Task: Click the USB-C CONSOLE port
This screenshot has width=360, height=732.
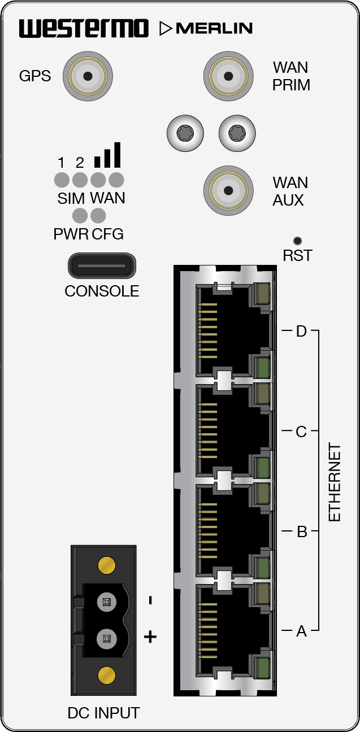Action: (102, 265)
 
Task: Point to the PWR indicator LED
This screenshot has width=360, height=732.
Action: (80, 215)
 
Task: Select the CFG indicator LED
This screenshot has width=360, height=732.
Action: (98, 215)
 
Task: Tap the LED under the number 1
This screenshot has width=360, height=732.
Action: (62, 180)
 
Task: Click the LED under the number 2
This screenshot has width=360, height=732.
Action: (80, 180)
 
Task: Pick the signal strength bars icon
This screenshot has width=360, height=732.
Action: (107, 156)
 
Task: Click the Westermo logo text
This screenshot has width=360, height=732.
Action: (84, 28)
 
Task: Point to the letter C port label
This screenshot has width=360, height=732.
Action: (301, 432)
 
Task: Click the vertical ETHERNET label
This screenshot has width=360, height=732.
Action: (335, 483)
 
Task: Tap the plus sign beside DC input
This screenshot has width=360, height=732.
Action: (150, 637)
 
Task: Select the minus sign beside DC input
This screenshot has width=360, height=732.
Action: (150, 600)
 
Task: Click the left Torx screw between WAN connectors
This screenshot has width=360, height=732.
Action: (185, 133)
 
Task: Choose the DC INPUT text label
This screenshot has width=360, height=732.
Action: (103, 713)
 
